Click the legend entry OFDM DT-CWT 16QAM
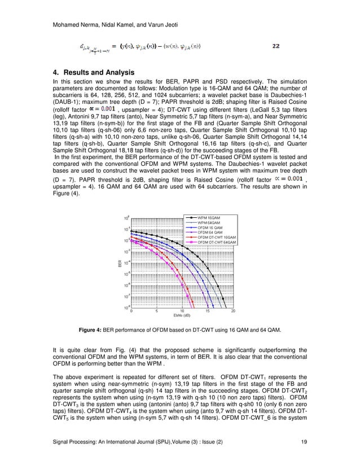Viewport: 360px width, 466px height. click(x=217, y=237)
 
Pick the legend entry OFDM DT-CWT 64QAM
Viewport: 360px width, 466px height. click(x=217, y=242)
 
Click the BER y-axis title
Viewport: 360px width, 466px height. click(x=120, y=263)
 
